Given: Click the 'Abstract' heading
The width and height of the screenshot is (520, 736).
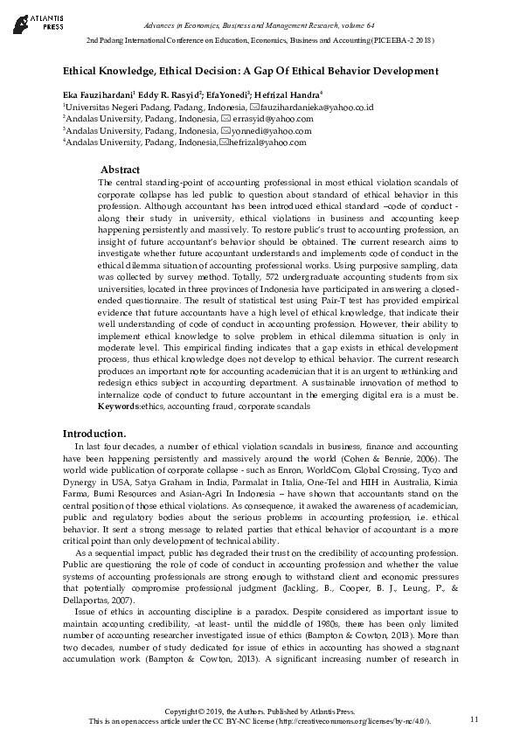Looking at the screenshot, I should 120,169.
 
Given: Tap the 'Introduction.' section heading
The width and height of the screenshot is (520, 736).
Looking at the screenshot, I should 94,434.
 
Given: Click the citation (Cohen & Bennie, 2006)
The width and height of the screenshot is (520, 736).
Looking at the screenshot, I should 405,458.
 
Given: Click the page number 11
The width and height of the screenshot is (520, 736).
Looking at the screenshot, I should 475,719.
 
